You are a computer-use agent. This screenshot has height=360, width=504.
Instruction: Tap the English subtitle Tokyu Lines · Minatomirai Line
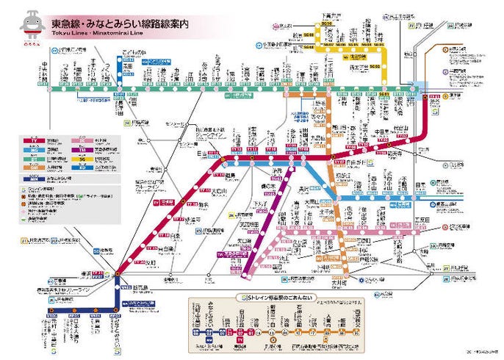coord(91,34)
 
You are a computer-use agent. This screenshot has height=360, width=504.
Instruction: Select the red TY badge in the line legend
coord(35,139)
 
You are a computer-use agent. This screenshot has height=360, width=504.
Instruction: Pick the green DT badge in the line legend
coord(35,159)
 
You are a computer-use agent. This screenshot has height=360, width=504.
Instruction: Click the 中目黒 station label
coord(381,133)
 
